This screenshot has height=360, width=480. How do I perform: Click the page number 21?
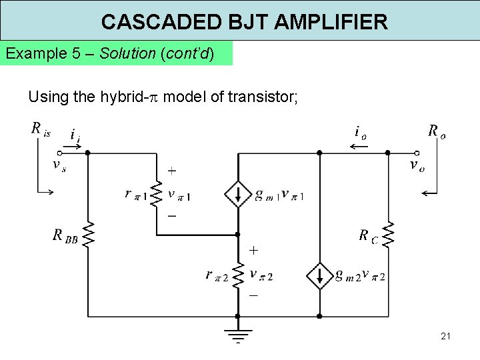445,336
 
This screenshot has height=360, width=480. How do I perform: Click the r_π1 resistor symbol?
157,194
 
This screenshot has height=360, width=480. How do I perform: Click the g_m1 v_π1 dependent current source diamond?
238,194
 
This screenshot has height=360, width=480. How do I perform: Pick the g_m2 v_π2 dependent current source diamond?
320,275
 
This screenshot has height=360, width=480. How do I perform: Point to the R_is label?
40,129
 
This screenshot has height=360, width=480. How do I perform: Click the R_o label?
437,131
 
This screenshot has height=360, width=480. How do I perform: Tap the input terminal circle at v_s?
59,153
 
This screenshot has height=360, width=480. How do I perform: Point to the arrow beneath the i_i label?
75,146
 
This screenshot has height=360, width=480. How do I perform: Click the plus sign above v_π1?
172,171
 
